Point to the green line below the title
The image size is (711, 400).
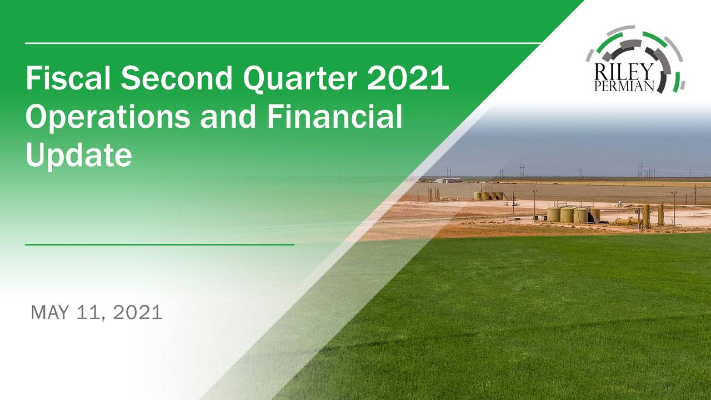pos(159,244)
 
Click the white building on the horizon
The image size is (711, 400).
pos(448,180)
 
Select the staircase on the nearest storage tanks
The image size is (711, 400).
pos(595,217)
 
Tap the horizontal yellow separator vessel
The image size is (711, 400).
pos(628,221)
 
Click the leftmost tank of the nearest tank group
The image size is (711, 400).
pos(553,214)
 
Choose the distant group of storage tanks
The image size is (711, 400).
pos(489,196)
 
